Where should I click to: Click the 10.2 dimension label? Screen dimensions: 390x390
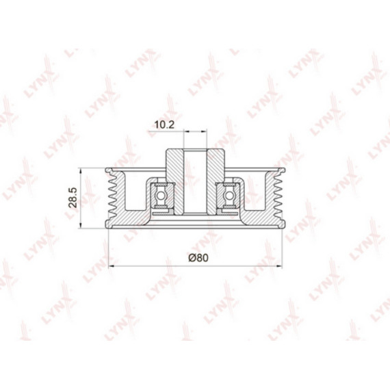click(164, 125)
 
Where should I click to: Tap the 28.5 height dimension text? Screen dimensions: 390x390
click(73, 198)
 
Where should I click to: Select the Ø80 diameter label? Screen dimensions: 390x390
click(198, 258)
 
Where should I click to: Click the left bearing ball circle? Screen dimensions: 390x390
click(161, 196)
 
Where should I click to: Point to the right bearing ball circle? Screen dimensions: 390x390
click(229, 196)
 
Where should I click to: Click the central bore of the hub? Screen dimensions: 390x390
click(195, 181)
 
